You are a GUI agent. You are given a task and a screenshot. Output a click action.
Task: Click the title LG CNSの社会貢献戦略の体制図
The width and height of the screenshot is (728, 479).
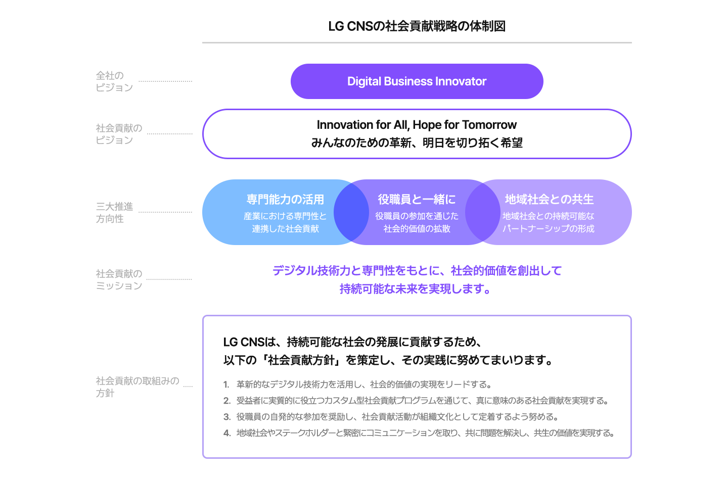coord(417,26)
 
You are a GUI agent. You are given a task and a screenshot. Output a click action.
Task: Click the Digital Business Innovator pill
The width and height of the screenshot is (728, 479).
coord(417,81)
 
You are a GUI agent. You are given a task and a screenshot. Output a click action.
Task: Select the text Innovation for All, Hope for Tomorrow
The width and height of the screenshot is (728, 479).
coord(417,125)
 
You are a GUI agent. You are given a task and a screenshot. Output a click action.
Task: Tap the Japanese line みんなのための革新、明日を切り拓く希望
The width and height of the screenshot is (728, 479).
coord(417,143)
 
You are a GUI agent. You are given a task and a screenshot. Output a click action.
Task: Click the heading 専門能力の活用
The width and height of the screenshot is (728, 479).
coord(285,200)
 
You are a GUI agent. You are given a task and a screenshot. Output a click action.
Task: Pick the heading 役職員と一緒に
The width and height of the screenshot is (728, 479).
coord(417,200)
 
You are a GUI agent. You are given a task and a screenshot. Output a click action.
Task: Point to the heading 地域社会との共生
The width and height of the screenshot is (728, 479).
coord(549,200)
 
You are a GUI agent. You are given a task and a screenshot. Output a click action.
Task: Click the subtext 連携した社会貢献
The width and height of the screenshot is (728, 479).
coord(285,229)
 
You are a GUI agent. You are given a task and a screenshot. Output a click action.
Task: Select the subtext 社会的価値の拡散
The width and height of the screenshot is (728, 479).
coord(417,229)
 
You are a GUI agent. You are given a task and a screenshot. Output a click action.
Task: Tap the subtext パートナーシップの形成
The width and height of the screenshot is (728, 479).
coord(548,229)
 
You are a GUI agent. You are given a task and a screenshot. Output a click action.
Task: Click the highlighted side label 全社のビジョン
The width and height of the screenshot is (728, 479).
coord(114,81)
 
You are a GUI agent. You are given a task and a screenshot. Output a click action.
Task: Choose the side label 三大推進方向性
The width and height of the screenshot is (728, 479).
coord(114,213)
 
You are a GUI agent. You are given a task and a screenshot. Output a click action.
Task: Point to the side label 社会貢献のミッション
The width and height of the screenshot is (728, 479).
coord(119,279)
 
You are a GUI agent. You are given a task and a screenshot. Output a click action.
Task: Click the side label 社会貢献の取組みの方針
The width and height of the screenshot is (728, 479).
coord(136,387)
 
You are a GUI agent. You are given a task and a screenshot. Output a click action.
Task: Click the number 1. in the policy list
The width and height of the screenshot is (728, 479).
coord(226,385)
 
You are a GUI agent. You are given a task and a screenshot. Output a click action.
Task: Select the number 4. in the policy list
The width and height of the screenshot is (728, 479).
coord(226,433)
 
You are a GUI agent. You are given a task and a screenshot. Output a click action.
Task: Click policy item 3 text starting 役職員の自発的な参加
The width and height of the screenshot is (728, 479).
coord(397,417)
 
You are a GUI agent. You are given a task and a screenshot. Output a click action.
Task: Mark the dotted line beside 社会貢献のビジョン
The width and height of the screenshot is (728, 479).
coord(170,134)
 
